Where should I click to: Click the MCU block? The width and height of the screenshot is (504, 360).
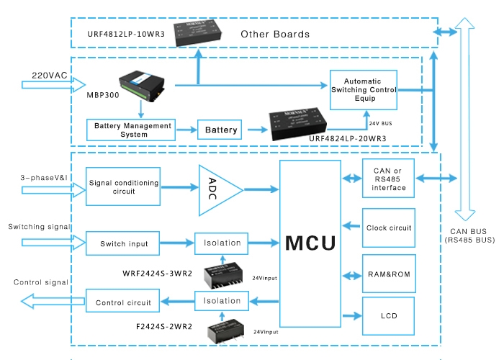point(310,243)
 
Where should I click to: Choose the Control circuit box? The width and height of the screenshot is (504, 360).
point(122,302)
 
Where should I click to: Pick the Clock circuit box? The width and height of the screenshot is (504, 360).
point(389,228)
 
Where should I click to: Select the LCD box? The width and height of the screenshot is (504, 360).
point(389,316)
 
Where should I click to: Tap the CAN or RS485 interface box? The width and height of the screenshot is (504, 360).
point(389,179)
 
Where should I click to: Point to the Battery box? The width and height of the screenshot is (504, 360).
point(221,130)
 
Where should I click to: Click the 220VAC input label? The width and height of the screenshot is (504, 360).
point(49,74)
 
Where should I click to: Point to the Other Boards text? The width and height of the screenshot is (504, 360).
point(275,34)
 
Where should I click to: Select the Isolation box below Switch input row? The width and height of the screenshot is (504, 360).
point(222,301)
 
